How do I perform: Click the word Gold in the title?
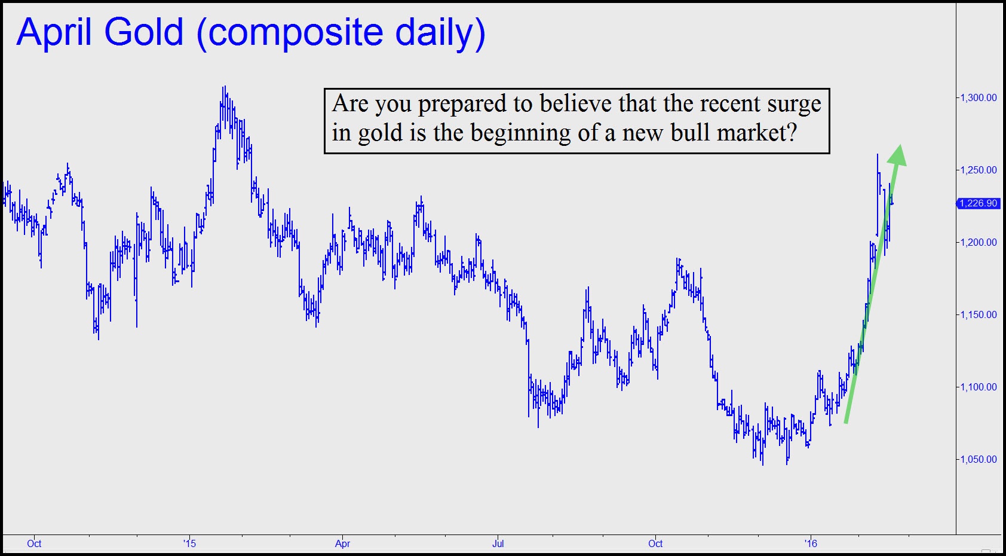(x=144, y=32)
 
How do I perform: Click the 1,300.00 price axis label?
(x=979, y=97)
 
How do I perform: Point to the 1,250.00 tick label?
(x=979, y=170)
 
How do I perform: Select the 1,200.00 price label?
(x=979, y=242)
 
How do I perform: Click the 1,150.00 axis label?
(x=979, y=314)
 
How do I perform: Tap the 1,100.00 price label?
(x=979, y=387)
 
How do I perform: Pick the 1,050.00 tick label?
(x=979, y=459)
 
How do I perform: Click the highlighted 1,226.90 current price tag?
(x=978, y=203)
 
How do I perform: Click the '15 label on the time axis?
(x=189, y=543)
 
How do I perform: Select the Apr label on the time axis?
(x=343, y=544)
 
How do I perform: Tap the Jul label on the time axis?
(x=498, y=543)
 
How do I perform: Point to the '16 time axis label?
(x=811, y=543)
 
